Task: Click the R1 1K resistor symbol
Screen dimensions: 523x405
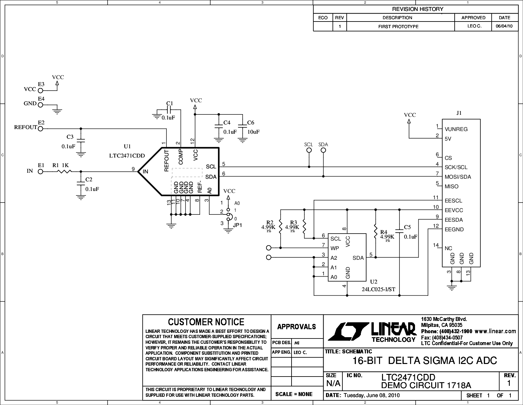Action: pos(64,171)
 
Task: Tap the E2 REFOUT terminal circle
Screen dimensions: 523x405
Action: pos(40,129)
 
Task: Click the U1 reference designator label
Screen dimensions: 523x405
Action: pos(127,147)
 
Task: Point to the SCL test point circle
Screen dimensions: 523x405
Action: pos(309,150)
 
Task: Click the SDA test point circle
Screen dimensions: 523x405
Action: pos(323,150)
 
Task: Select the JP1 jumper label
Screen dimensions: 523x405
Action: pos(237,225)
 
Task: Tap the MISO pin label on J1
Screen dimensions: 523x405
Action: pos(452,187)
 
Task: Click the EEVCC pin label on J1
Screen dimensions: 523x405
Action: pos(454,210)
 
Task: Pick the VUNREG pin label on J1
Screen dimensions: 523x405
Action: pos(456,129)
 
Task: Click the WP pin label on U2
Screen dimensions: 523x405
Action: pos(334,248)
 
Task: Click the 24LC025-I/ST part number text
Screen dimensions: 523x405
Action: pos(378,290)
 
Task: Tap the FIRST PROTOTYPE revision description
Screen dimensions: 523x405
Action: pos(398,26)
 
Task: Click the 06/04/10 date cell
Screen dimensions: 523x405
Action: pos(504,26)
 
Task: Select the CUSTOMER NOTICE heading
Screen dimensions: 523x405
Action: pos(206,322)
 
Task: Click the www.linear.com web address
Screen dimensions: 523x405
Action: pos(495,331)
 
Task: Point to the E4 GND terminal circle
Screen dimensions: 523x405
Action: pos(40,105)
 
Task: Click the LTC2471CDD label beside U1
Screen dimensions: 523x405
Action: pos(127,156)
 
